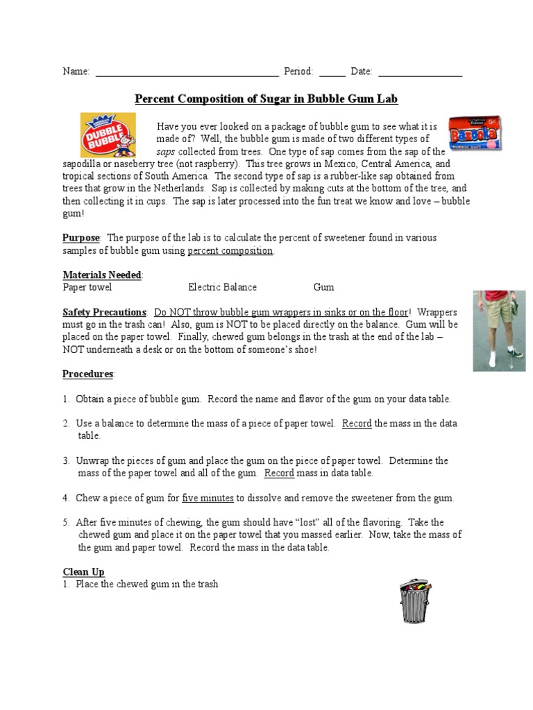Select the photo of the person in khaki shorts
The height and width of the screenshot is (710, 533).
tap(498, 329)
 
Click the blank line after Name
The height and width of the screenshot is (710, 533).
tap(186, 72)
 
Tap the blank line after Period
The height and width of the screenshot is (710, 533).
tap(332, 72)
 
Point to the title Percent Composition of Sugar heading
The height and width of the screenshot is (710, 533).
tap(266, 99)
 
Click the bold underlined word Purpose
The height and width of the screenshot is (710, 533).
tap(81, 238)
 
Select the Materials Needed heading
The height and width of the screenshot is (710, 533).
tap(102, 275)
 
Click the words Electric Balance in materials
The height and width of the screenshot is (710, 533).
tap(222, 287)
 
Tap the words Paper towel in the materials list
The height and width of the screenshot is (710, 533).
tap(87, 287)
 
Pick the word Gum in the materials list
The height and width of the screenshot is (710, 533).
tap(323, 287)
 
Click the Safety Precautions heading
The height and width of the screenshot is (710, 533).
tap(104, 313)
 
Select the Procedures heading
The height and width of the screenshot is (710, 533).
tap(88, 374)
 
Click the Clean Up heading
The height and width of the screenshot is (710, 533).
tap(83, 572)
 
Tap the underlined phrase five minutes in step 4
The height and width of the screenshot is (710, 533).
tap(208, 498)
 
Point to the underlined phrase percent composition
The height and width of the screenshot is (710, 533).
tap(230, 250)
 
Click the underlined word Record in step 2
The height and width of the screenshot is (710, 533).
tap(357, 424)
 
